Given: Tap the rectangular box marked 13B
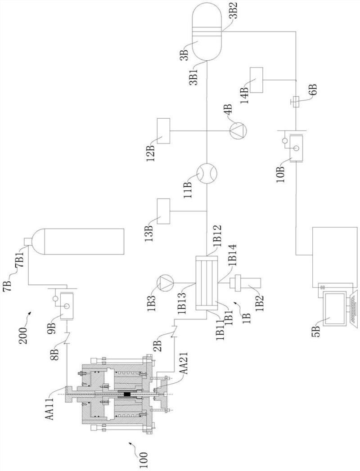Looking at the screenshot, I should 163,211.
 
